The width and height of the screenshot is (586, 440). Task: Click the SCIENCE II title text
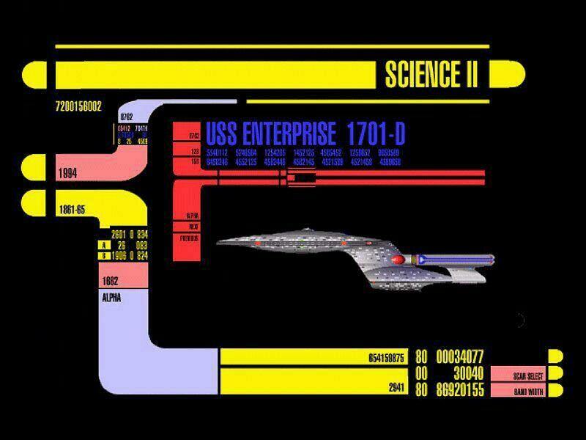(431, 73)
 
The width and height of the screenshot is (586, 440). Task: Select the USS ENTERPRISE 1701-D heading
(305, 134)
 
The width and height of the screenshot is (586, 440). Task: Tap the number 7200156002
(78, 106)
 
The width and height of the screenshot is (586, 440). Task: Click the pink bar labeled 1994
(81, 173)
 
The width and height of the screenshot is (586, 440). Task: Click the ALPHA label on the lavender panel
(112, 298)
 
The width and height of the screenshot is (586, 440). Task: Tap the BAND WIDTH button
(518, 392)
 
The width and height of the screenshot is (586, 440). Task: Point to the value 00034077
(460, 357)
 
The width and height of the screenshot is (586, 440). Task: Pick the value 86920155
(460, 390)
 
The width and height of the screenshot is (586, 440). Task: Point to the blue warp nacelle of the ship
(454, 259)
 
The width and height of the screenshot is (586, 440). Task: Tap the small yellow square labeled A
(105, 245)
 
